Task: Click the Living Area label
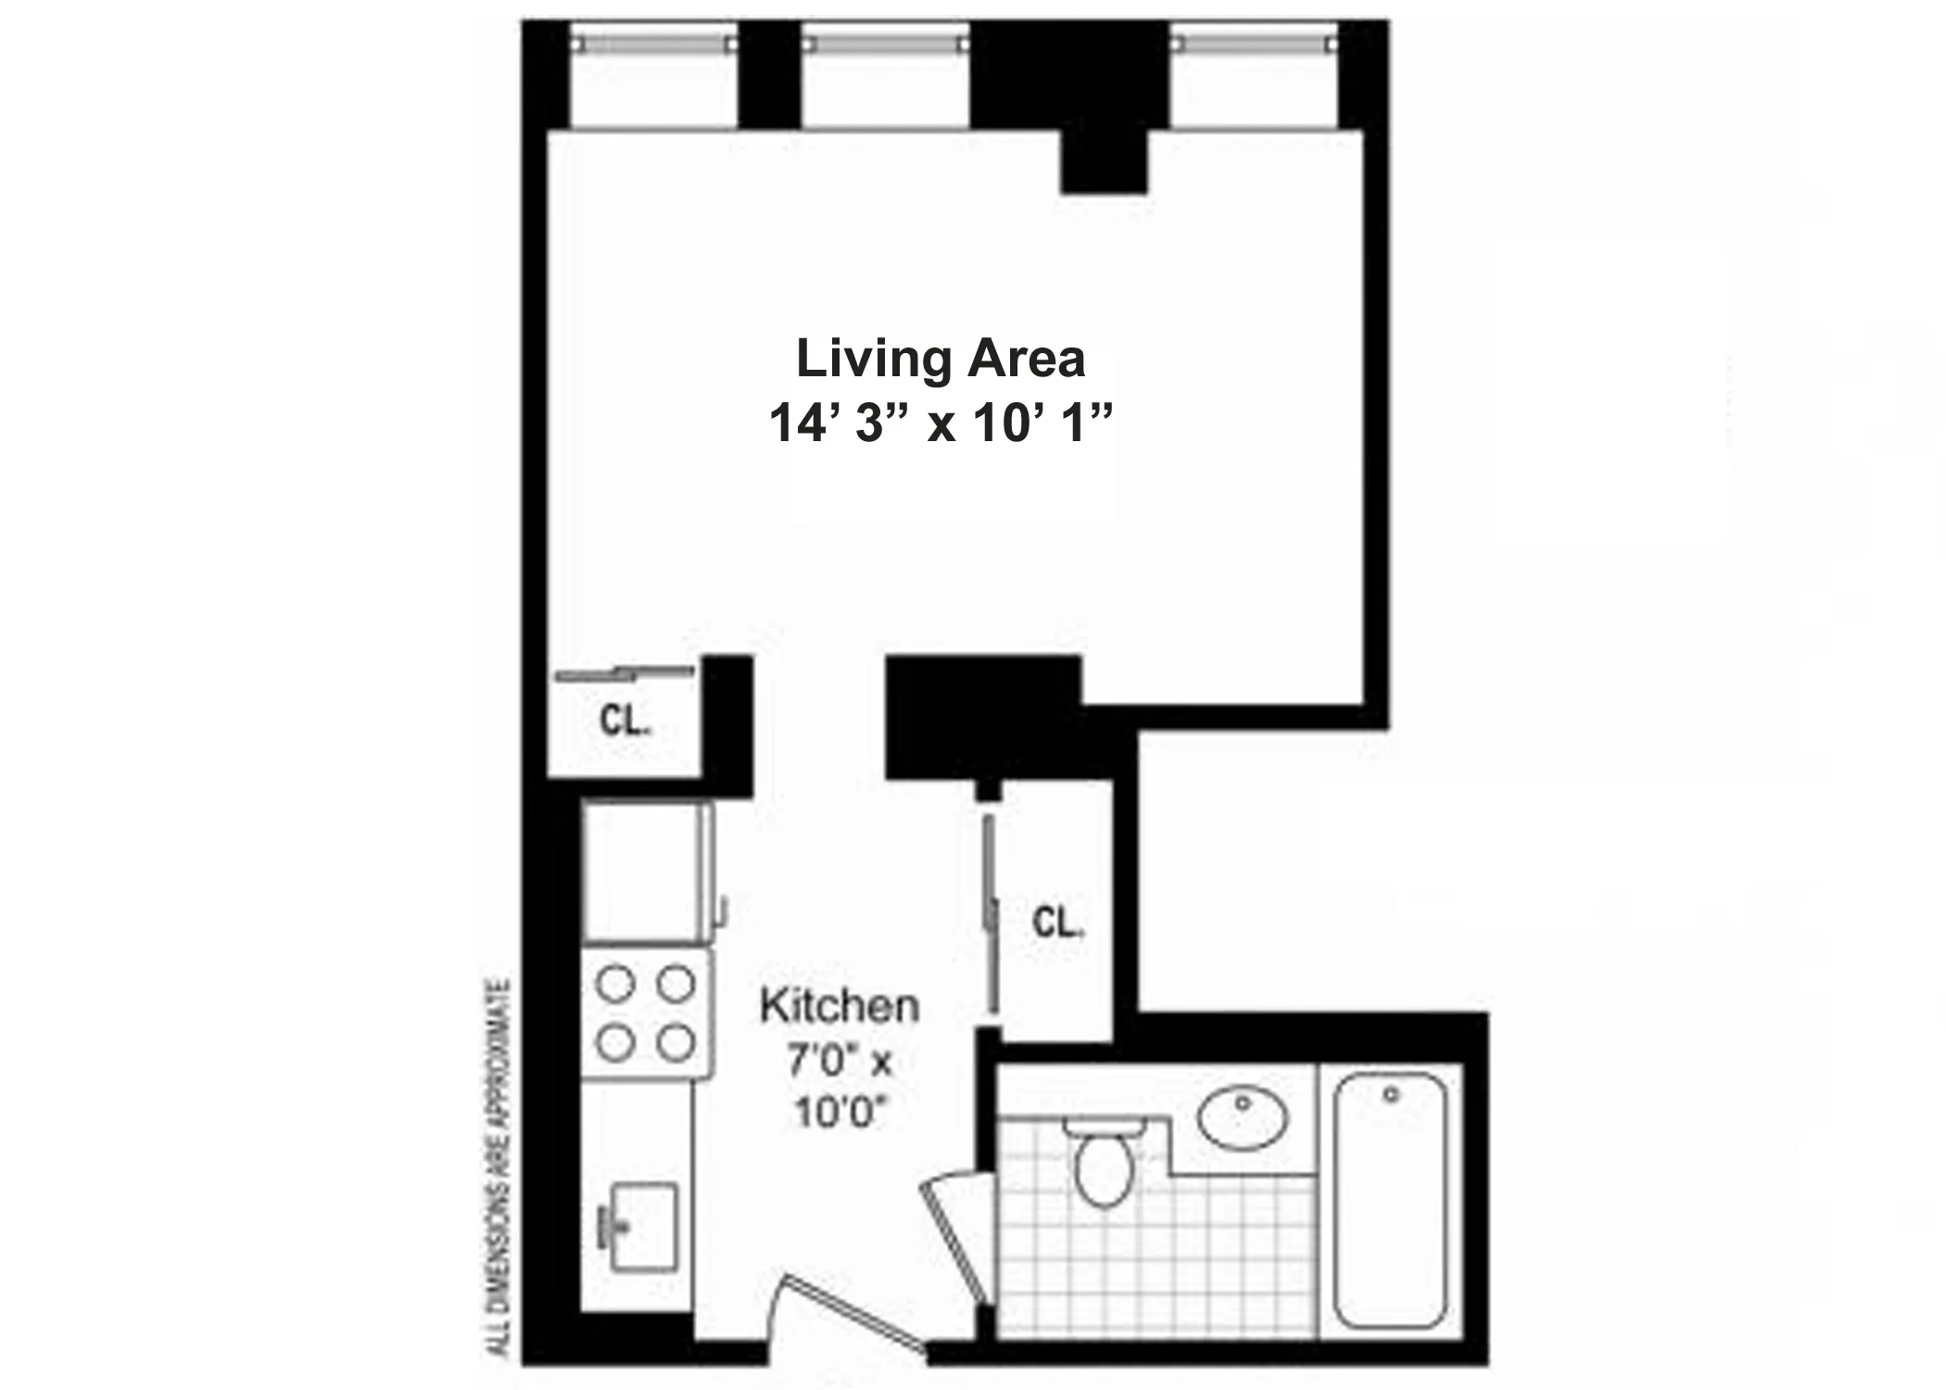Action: click(940, 360)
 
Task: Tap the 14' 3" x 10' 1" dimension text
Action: click(940, 424)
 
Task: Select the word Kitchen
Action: click(840, 1006)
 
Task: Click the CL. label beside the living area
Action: click(625, 721)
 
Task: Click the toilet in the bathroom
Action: click(1103, 1163)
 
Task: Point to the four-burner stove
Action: click(646, 1013)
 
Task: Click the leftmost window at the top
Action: click(652, 44)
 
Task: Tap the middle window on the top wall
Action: click(884, 44)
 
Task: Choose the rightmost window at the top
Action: click(1254, 44)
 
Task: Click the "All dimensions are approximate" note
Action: click(501, 1168)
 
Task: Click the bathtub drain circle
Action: click(1390, 1094)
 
